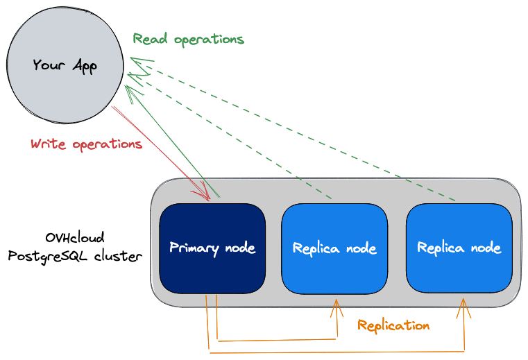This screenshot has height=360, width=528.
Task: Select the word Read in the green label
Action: click(x=151, y=39)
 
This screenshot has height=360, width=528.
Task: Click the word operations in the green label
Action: click(x=209, y=40)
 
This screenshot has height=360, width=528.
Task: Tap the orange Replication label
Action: click(x=393, y=325)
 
